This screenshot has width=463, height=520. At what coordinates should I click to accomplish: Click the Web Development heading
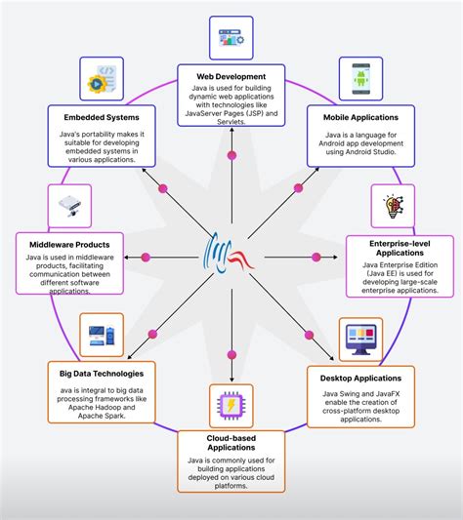pos(231,75)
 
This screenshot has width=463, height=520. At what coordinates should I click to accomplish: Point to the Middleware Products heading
pos(69,243)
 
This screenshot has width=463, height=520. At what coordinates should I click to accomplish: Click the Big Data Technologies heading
pos(101,373)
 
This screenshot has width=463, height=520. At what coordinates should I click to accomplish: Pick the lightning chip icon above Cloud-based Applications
pos(231,404)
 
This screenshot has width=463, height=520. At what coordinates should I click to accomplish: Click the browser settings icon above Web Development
pos(231,36)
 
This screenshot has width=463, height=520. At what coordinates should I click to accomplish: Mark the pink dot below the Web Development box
pos(231,156)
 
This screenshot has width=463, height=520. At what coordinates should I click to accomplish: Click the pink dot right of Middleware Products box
pos(147,257)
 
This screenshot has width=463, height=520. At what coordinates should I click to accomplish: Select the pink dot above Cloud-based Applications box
pos(231,354)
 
